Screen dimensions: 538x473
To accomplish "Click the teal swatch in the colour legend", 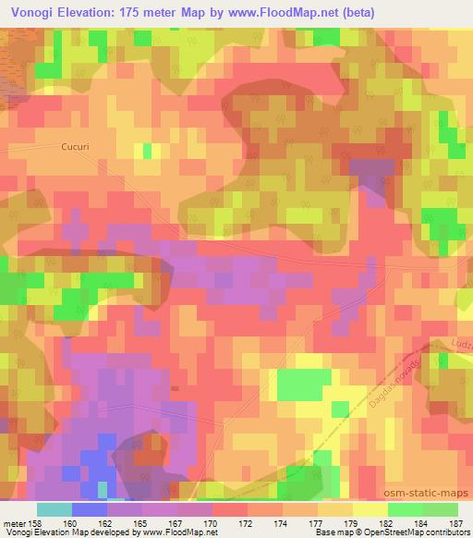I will (x=55, y=509).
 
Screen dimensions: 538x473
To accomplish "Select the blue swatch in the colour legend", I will (x=90, y=509).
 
